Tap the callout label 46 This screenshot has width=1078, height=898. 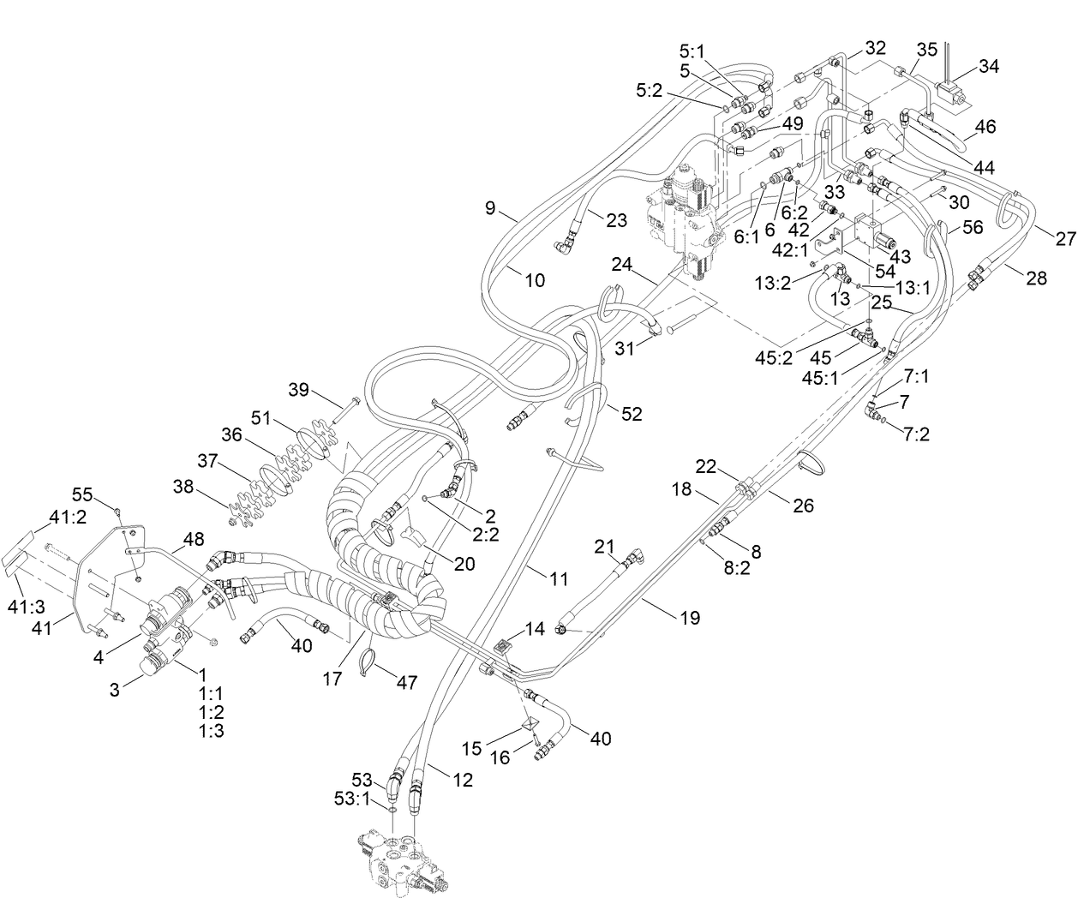pos(985,126)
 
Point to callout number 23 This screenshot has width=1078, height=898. pos(616,220)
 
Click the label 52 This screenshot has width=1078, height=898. pos(632,414)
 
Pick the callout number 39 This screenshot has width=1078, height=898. pos(297,390)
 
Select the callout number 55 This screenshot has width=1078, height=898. pos(81,494)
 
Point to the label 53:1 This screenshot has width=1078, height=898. pos(351,798)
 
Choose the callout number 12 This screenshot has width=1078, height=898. pos(462,780)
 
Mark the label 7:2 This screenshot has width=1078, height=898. pos(916,434)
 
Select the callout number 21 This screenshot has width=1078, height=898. pos(606,547)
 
